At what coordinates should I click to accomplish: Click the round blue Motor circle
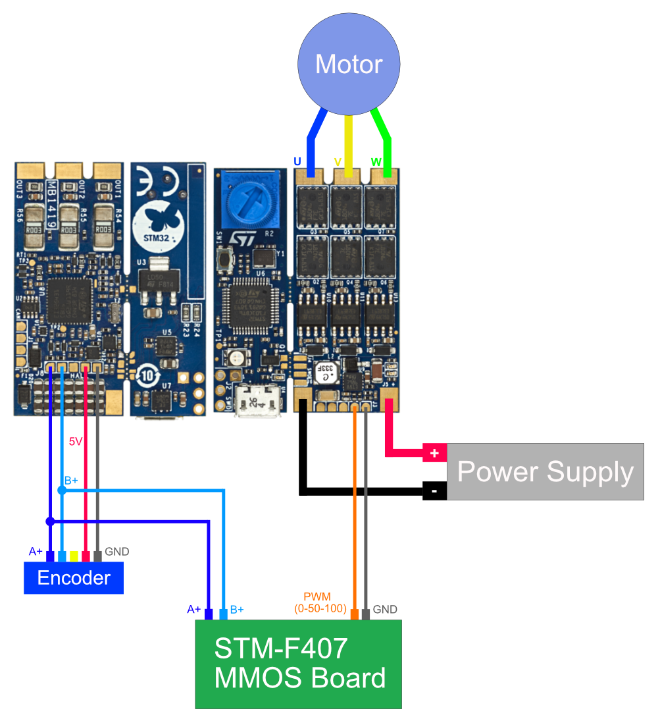(349, 64)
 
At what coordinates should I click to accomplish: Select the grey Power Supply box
(545, 471)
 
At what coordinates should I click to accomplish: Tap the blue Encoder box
(74, 578)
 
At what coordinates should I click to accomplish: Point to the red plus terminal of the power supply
(434, 453)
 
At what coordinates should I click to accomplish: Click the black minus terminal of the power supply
(434, 491)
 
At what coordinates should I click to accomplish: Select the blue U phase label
(297, 161)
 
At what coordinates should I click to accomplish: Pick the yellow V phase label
(338, 161)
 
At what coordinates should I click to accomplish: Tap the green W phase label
(376, 161)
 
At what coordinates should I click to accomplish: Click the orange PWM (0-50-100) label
(320, 602)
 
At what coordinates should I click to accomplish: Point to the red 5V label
(76, 442)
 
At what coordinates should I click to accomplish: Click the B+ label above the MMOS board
(237, 610)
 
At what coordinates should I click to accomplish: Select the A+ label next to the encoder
(36, 552)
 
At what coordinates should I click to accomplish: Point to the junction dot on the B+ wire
(62, 491)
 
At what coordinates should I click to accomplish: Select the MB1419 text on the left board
(52, 204)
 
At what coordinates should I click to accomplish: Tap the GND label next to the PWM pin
(385, 610)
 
